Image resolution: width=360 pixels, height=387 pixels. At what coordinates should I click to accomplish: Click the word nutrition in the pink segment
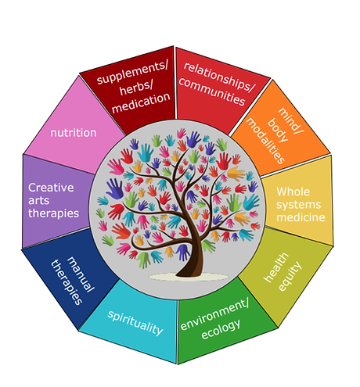(x=74, y=133)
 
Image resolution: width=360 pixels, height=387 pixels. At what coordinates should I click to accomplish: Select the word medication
(x=141, y=102)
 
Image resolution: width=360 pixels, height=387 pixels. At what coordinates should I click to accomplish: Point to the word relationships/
(x=218, y=77)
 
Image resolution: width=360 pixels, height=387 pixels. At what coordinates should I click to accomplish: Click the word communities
(x=212, y=92)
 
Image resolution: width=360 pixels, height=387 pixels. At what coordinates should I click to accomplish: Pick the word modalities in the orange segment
(x=265, y=141)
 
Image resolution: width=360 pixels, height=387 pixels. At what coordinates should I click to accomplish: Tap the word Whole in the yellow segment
(x=293, y=192)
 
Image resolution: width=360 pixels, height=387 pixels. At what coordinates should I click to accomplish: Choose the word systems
(x=299, y=205)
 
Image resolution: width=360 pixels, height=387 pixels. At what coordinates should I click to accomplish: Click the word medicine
(x=301, y=217)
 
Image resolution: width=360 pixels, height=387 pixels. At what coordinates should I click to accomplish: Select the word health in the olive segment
(x=276, y=267)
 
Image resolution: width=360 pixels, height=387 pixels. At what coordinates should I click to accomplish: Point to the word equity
(x=290, y=276)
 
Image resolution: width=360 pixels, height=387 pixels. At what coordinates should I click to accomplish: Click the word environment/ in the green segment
(x=214, y=314)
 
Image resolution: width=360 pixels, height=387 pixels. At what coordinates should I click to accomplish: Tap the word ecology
(x=221, y=329)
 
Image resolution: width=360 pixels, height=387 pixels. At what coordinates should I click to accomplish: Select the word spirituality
(x=135, y=323)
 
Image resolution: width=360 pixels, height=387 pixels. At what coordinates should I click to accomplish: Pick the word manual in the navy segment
(x=81, y=274)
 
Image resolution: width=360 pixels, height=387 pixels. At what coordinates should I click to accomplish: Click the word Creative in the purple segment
(x=51, y=188)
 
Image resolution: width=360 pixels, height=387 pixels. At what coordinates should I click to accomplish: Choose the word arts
(x=39, y=201)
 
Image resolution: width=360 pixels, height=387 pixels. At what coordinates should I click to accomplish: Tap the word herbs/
(x=136, y=88)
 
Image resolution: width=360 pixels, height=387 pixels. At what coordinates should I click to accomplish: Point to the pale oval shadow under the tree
(x=189, y=277)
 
